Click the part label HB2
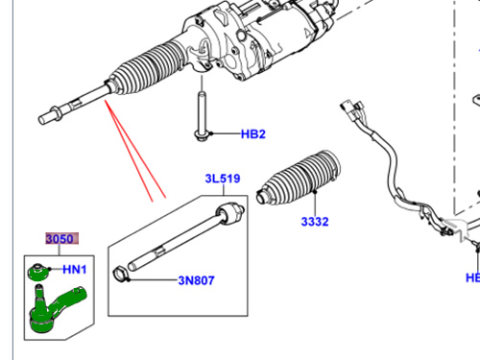253,134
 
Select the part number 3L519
223,179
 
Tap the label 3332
315,222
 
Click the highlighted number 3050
60,239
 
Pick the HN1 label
75,270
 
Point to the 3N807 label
196,280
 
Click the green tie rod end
56,308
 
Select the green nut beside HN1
38,272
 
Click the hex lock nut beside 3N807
120,275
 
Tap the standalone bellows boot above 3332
299,177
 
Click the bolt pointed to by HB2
202,116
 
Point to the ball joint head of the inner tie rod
229,212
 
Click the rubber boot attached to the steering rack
148,68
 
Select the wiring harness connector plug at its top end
352,109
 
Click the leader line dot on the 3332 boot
315,191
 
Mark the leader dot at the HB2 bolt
211,133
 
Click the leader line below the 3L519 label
224,190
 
